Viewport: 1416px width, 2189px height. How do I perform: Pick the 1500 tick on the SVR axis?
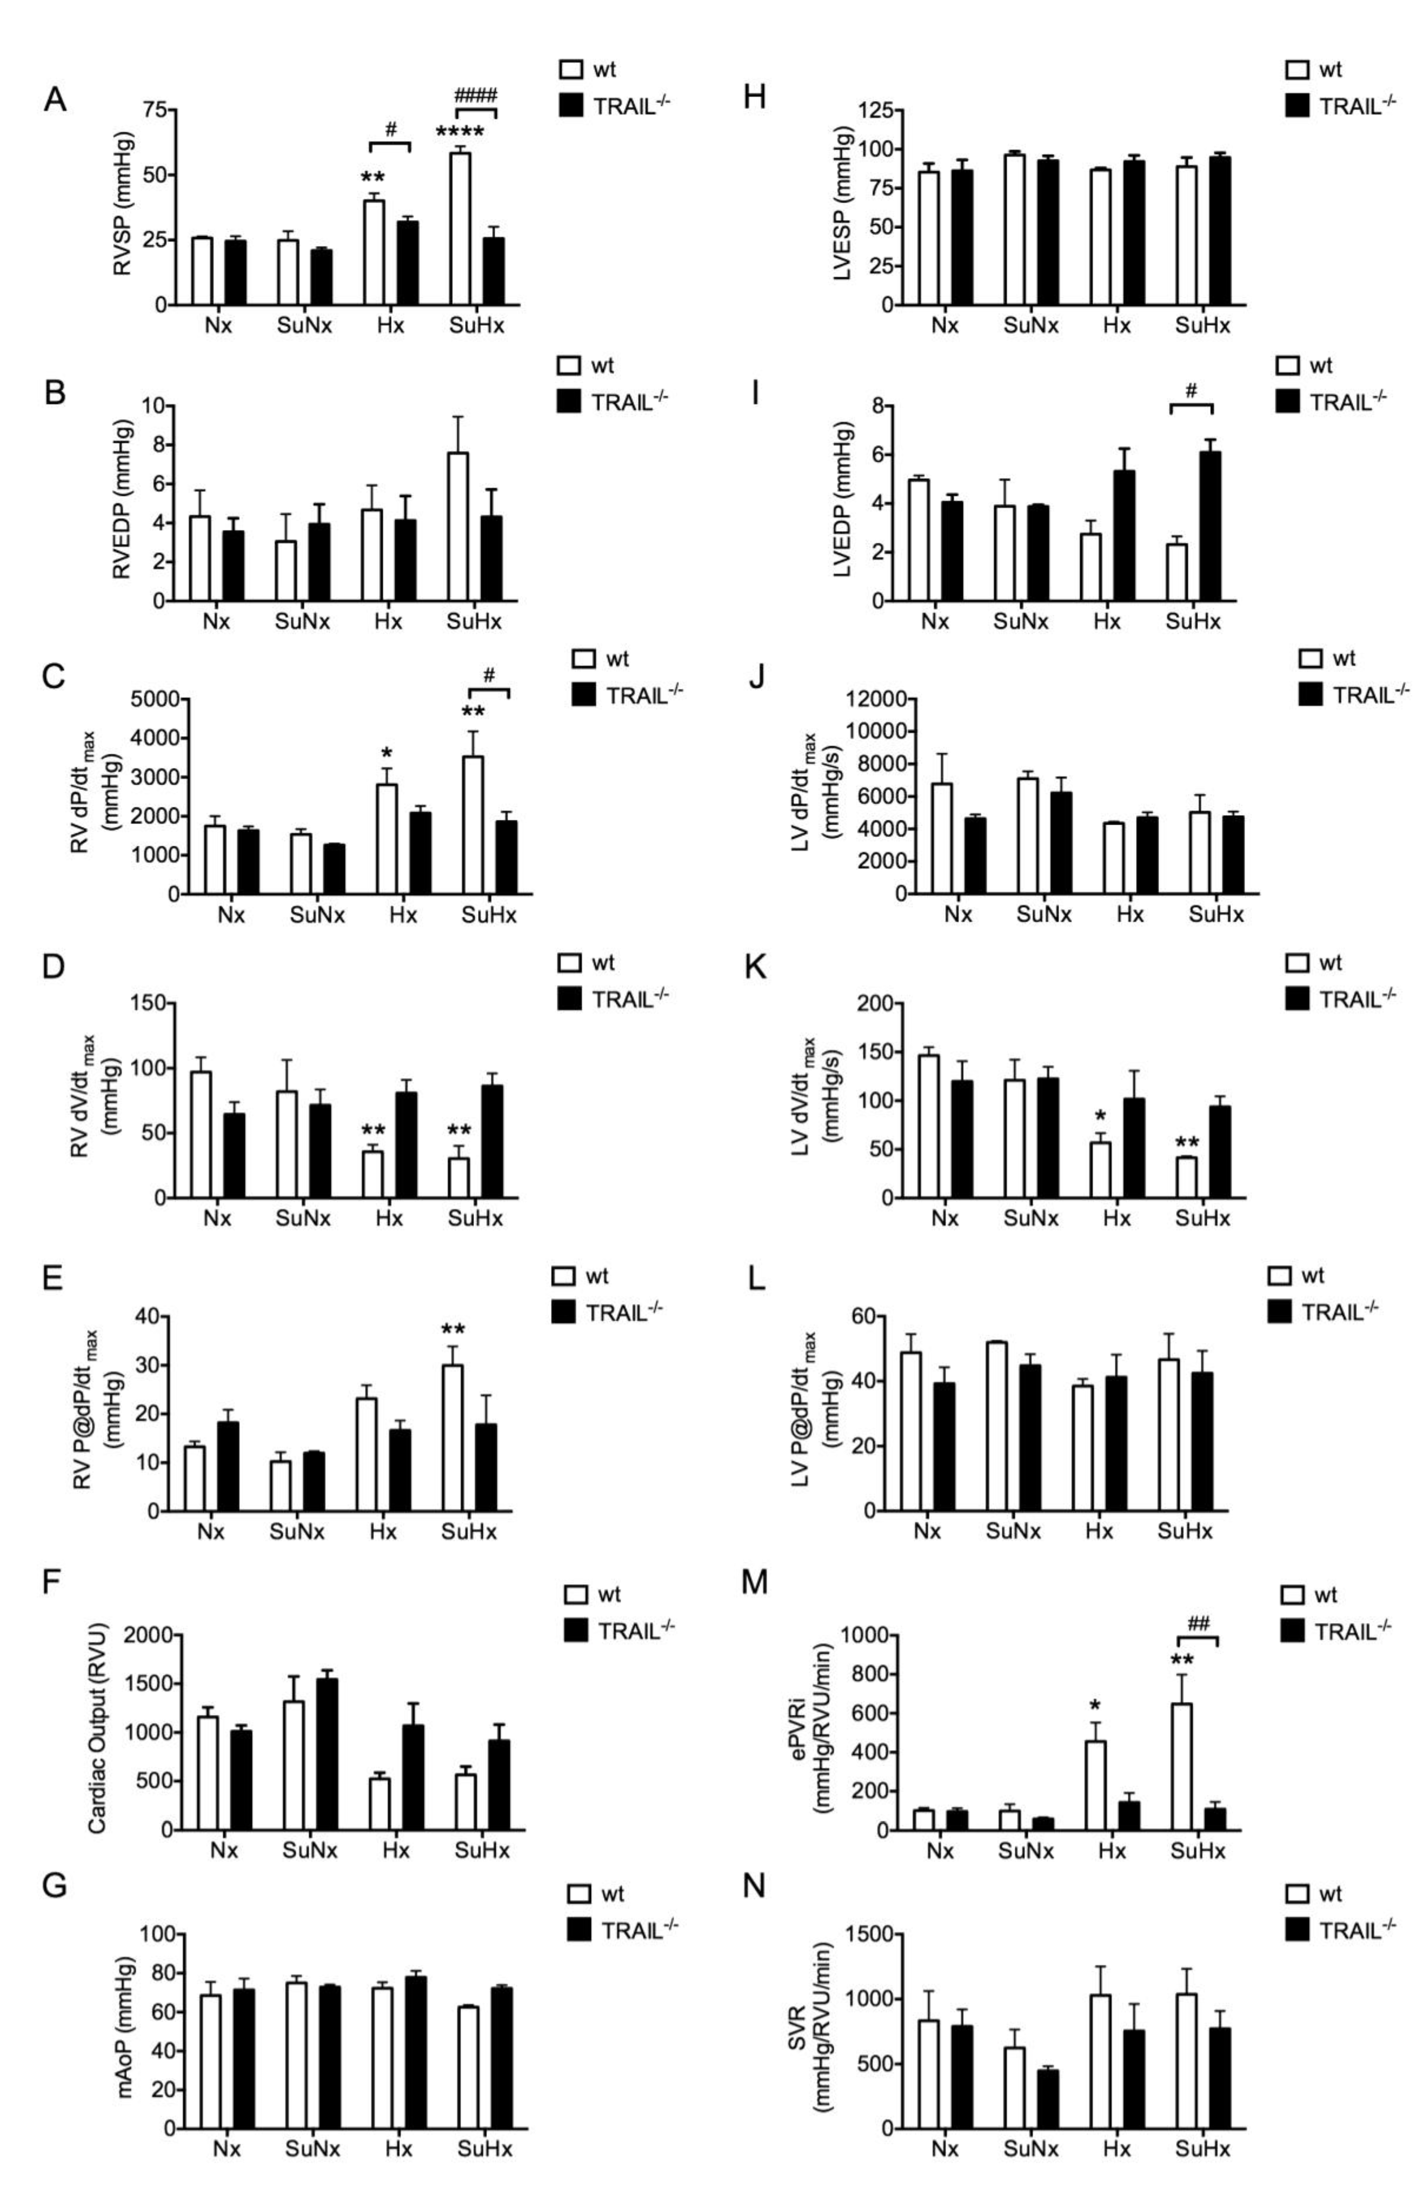[x=870, y=1934]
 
